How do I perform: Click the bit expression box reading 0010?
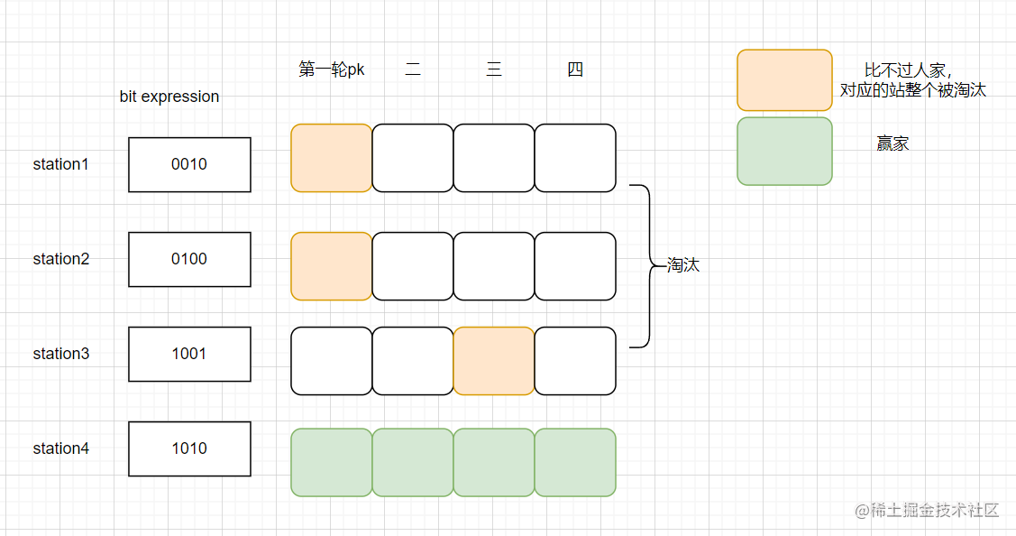click(x=189, y=164)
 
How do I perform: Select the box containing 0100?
click(x=189, y=259)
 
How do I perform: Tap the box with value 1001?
click(x=189, y=354)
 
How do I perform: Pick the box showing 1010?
click(x=189, y=448)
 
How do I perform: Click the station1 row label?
click(x=61, y=164)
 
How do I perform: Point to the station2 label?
click(x=61, y=259)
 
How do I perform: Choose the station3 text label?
click(x=61, y=354)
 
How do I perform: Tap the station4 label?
click(x=61, y=448)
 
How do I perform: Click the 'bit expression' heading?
click(x=169, y=97)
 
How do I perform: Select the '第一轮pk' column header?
click(x=332, y=69)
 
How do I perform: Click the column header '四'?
click(x=575, y=69)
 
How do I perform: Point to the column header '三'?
click(x=494, y=69)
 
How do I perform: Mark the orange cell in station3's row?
click(x=494, y=361)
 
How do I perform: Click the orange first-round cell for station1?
click(x=332, y=158)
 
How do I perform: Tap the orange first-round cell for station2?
click(x=332, y=266)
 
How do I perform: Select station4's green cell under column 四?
click(x=575, y=462)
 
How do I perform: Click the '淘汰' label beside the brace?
click(x=683, y=266)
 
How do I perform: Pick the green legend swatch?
click(x=784, y=151)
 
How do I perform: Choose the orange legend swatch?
click(x=784, y=80)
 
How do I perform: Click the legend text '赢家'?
click(x=892, y=143)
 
